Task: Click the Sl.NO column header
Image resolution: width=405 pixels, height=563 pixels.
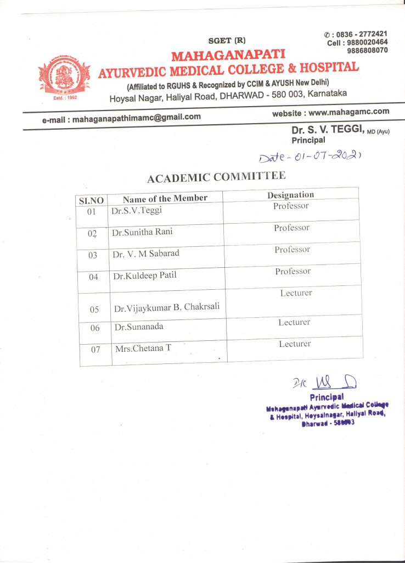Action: click(x=92, y=201)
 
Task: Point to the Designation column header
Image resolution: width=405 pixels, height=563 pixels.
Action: click(x=290, y=195)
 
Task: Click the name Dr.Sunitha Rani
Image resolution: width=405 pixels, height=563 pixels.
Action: click(x=142, y=232)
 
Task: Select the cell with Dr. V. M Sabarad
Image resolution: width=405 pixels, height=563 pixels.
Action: click(x=145, y=254)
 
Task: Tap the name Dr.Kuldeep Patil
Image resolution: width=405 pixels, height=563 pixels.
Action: click(x=145, y=275)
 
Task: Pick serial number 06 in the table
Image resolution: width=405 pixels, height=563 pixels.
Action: click(x=95, y=328)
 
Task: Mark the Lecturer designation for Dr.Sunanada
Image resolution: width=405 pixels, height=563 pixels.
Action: click(x=294, y=323)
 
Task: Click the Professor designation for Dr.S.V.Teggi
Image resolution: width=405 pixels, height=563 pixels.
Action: click(x=291, y=206)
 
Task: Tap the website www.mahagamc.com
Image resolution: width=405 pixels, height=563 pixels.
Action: click(x=331, y=112)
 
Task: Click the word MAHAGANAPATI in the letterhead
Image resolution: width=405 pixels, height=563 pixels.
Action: click(x=228, y=55)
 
